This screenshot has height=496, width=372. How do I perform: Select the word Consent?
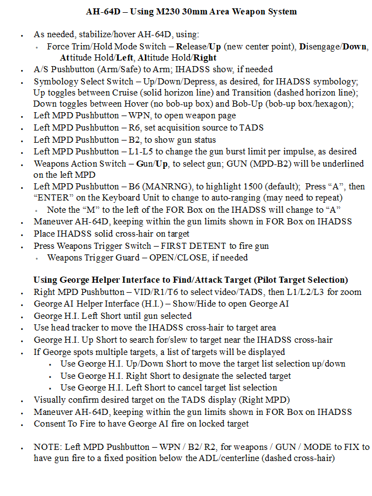(50, 423)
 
